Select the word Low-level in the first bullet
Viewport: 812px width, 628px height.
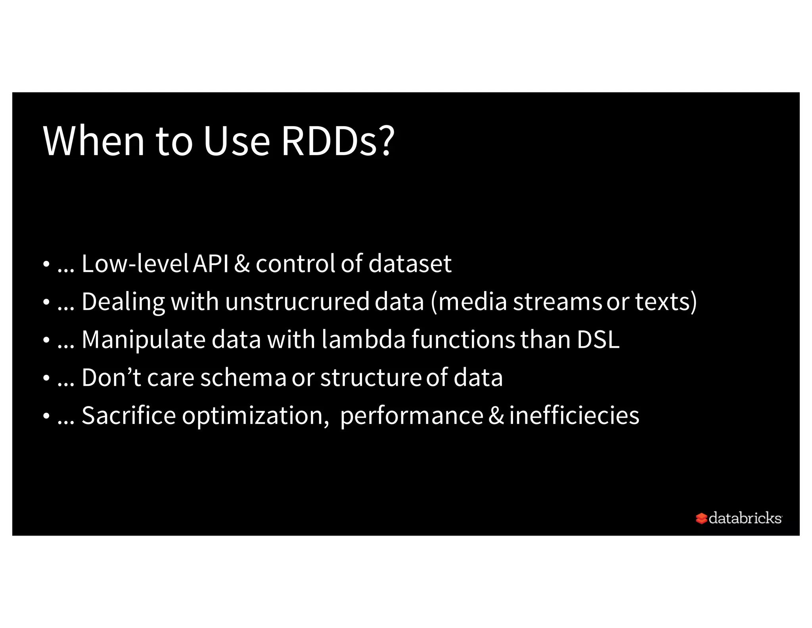click(135, 263)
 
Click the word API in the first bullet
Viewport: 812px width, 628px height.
click(211, 263)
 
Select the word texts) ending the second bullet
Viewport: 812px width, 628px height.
click(666, 301)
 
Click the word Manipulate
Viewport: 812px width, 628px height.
click(143, 339)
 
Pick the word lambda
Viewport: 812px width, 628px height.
click(364, 339)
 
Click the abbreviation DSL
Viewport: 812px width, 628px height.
click(598, 339)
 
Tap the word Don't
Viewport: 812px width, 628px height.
click(111, 377)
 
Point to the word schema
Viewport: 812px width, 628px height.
click(243, 377)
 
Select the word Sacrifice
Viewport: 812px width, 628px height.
click(128, 415)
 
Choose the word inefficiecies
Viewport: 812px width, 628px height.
click(574, 415)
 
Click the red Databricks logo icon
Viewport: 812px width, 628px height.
click(701, 518)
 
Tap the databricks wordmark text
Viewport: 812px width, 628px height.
click(745, 518)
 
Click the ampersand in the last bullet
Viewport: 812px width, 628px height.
click(496, 415)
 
